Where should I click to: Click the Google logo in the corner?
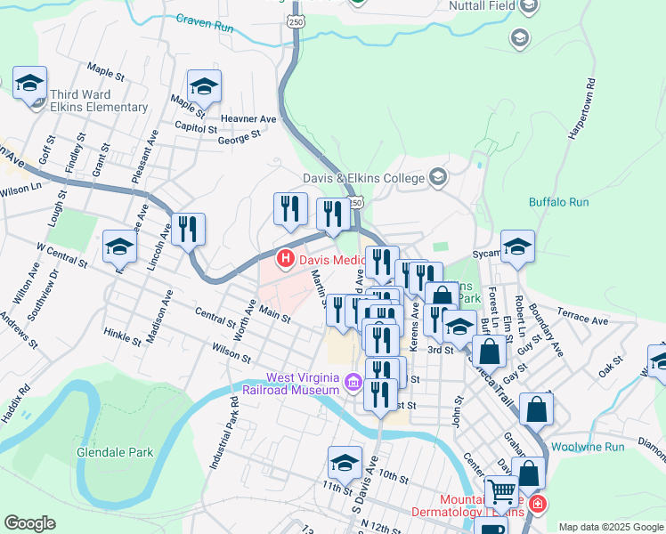tap(29, 523)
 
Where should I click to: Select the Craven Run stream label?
tap(204, 23)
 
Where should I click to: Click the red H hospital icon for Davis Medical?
tap(286, 260)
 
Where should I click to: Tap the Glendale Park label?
tap(115, 452)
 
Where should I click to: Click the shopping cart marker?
tap(501, 491)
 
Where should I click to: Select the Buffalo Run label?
tap(558, 202)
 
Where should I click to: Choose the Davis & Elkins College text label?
tap(364, 178)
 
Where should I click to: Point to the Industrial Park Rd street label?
tap(223, 433)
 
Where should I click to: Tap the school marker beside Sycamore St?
tap(517, 247)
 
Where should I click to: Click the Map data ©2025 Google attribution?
tap(610, 527)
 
